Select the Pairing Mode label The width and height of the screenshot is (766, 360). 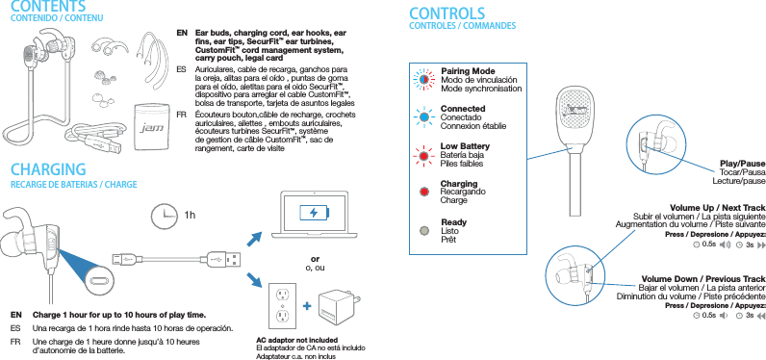click(x=467, y=71)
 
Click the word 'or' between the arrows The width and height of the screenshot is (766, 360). click(x=315, y=258)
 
